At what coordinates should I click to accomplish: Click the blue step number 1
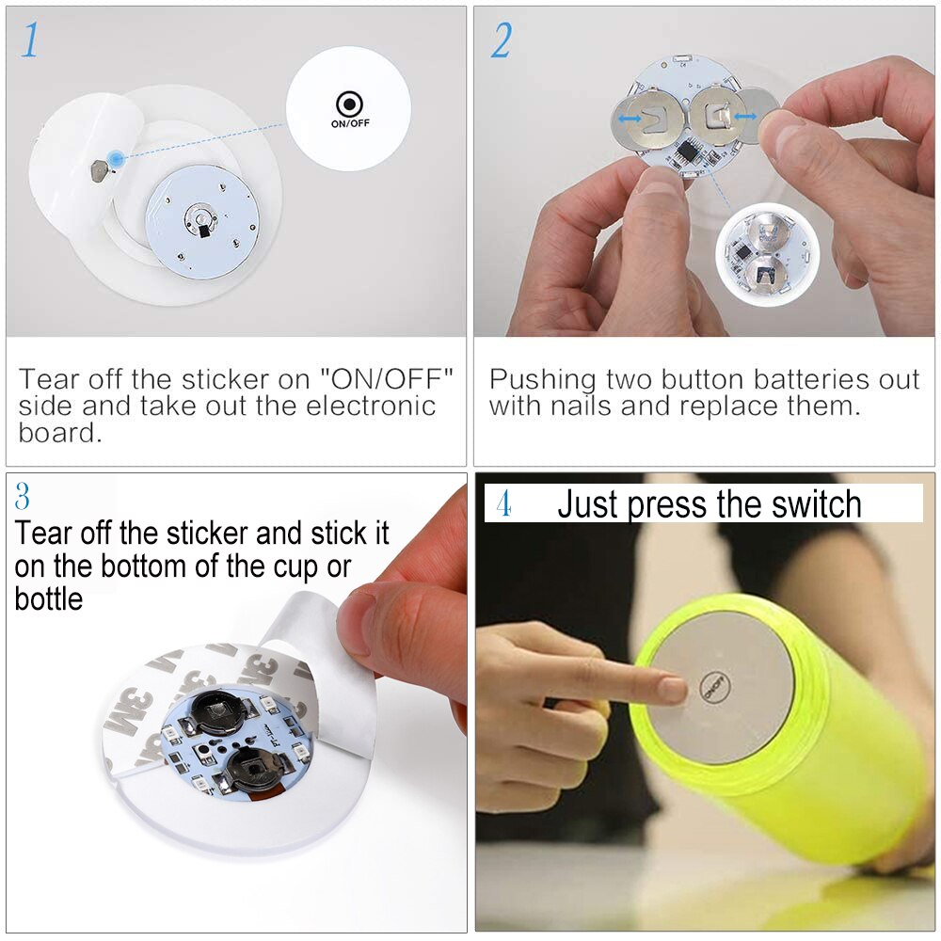coord(30,40)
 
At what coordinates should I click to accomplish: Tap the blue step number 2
coord(500,40)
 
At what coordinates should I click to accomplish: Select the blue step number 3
coord(24,496)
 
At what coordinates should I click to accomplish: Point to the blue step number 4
coord(503,503)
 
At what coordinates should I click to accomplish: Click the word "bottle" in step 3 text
coord(48,598)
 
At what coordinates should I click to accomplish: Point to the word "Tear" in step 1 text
coord(49,380)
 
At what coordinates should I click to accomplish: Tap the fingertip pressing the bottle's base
coord(673,689)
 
